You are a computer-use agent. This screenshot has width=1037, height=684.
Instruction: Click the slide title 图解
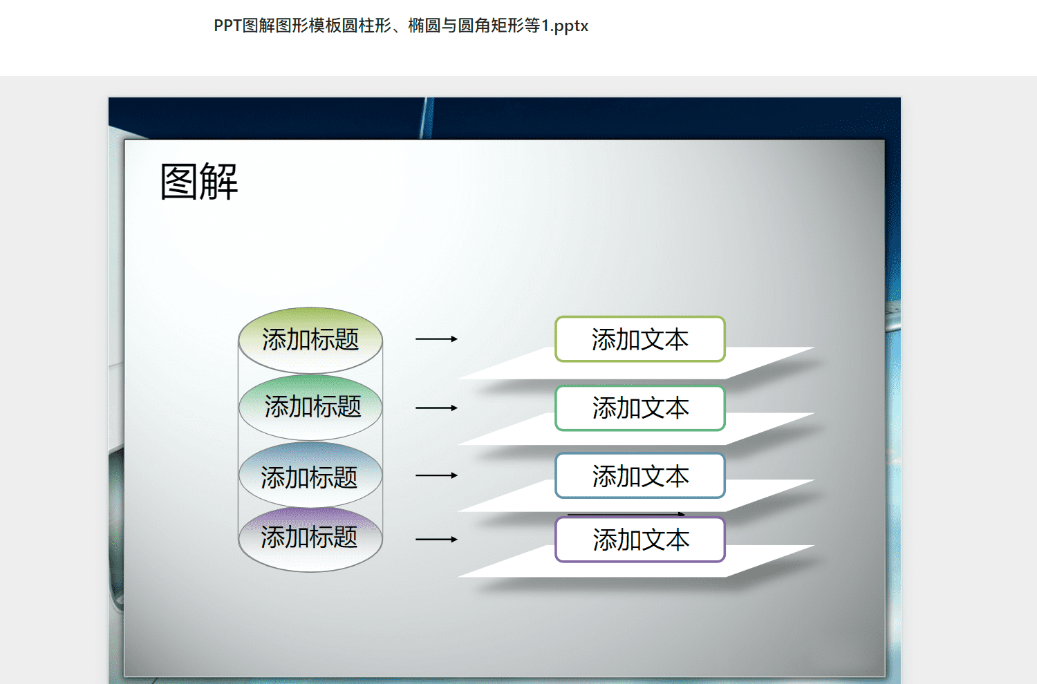(x=198, y=182)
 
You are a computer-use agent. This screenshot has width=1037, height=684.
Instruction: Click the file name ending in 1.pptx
(x=401, y=26)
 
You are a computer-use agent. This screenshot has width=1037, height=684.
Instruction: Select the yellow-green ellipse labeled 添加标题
(x=310, y=340)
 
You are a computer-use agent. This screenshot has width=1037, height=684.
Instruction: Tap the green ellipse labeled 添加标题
(x=310, y=407)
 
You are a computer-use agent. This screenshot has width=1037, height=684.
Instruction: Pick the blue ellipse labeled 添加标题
(x=310, y=475)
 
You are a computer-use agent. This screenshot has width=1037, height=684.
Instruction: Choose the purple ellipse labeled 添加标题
(x=310, y=540)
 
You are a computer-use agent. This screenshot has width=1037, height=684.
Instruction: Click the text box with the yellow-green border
(x=639, y=339)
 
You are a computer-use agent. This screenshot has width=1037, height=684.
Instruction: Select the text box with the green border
(x=639, y=408)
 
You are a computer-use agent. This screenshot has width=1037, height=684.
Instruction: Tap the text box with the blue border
(x=639, y=475)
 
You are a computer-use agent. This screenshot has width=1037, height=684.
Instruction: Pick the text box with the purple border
(x=639, y=540)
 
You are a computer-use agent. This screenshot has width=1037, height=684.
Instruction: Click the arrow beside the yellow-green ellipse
(x=436, y=339)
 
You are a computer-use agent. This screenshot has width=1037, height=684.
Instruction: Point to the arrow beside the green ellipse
(x=436, y=408)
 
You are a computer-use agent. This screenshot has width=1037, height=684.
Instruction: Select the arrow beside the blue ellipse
(x=436, y=475)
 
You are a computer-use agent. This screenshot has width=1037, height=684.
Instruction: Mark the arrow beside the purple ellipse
(x=436, y=539)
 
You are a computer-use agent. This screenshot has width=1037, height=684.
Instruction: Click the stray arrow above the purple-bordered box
(x=626, y=514)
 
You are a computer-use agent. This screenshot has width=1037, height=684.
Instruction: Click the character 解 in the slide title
(x=219, y=182)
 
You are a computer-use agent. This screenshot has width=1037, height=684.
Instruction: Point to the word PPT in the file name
(x=227, y=26)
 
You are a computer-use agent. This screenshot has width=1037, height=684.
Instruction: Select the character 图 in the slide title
(x=179, y=182)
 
